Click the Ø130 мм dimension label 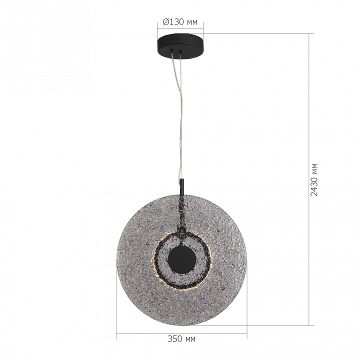[x=180, y=21]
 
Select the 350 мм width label [x=181, y=339]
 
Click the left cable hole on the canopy [x=173, y=50]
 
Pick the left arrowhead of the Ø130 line [x=159, y=29]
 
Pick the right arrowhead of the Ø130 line [x=203, y=29]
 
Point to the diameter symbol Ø [x=166, y=21]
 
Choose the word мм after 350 [x=190, y=339]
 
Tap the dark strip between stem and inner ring [x=181, y=215]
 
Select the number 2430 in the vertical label [x=314, y=186]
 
